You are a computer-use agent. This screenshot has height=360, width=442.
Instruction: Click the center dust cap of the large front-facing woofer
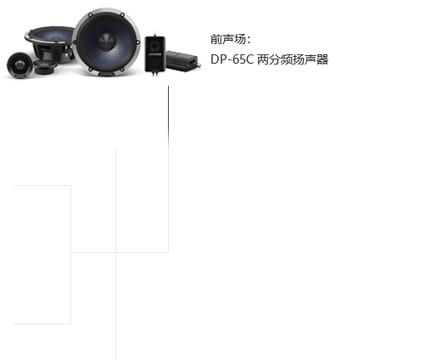click(x=107, y=42)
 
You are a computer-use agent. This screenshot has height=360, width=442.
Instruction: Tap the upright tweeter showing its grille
click(x=20, y=65)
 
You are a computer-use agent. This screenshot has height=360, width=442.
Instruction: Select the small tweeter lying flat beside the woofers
click(x=45, y=67)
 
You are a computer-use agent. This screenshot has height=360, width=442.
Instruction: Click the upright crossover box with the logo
click(x=155, y=54)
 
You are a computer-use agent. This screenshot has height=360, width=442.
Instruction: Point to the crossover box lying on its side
click(x=183, y=61)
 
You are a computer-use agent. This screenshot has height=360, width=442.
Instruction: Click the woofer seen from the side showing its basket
click(x=50, y=43)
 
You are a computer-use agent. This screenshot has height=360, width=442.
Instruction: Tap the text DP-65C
click(x=232, y=59)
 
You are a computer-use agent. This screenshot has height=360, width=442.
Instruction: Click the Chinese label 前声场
click(x=228, y=39)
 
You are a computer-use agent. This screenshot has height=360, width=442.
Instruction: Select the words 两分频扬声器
click(x=293, y=59)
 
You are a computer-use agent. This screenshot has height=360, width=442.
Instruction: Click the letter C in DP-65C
click(x=249, y=59)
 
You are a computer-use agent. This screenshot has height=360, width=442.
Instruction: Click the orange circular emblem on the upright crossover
click(x=154, y=45)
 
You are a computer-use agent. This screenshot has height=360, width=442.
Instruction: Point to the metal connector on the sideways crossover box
click(x=199, y=65)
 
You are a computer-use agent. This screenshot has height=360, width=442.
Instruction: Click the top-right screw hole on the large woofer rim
click(x=122, y=14)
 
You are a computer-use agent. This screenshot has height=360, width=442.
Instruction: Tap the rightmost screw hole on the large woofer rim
click(x=138, y=42)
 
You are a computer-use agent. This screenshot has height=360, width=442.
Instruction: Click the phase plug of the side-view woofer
click(x=57, y=38)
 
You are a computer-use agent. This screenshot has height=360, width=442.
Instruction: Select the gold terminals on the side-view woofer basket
click(x=67, y=51)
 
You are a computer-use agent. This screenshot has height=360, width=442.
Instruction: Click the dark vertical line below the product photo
click(x=168, y=117)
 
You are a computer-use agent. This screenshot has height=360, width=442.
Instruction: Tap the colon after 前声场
click(x=249, y=40)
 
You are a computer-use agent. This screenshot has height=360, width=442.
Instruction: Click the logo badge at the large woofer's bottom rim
click(x=106, y=74)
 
